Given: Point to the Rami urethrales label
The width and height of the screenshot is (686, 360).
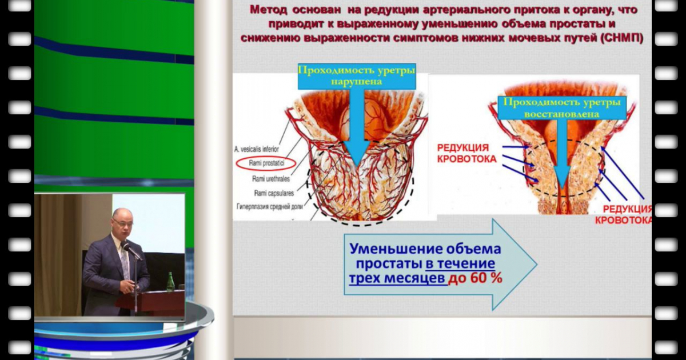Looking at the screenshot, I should click(271, 178).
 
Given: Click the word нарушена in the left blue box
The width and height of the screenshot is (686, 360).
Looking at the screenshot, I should click(356, 82).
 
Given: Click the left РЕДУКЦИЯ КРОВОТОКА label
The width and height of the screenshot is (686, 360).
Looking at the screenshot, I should click(466, 153).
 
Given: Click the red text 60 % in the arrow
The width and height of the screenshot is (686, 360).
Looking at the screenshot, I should click(485, 279).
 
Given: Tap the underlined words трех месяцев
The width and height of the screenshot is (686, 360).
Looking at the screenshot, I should click(397, 279).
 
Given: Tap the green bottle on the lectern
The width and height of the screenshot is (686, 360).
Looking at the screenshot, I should click(169, 282).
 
